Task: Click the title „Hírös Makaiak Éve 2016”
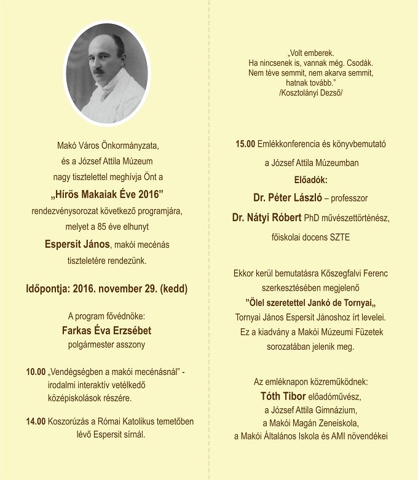coord(106,195)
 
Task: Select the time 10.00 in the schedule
coord(36,372)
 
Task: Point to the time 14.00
coord(36,422)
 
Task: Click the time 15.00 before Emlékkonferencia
coord(245,144)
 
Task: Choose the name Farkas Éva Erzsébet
coord(107,331)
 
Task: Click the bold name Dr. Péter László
coord(286,198)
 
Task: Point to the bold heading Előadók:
coord(310,181)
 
